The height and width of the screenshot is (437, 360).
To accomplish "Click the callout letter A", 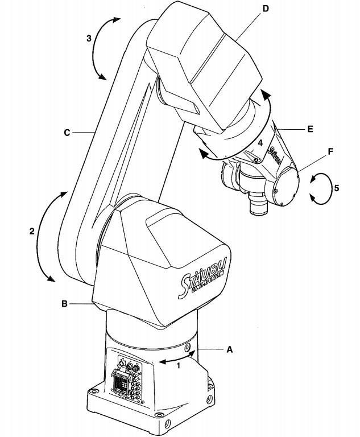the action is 229,349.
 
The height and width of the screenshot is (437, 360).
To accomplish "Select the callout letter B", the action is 64,303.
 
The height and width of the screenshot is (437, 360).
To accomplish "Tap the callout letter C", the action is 67,133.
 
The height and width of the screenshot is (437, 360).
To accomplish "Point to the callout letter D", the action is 266,9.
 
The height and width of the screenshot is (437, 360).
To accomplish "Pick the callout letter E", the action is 310,129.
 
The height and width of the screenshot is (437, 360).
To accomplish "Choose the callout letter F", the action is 330,151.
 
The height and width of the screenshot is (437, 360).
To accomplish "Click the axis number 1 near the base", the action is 179,365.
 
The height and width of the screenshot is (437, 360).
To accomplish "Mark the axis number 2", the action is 32,231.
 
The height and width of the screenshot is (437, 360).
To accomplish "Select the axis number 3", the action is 89,38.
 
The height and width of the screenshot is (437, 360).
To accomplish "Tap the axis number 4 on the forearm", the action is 260,143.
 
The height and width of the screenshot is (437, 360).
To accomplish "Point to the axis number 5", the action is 337,188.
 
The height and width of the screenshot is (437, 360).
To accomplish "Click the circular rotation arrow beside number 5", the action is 320,189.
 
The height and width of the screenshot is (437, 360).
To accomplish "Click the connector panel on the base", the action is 129,378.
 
